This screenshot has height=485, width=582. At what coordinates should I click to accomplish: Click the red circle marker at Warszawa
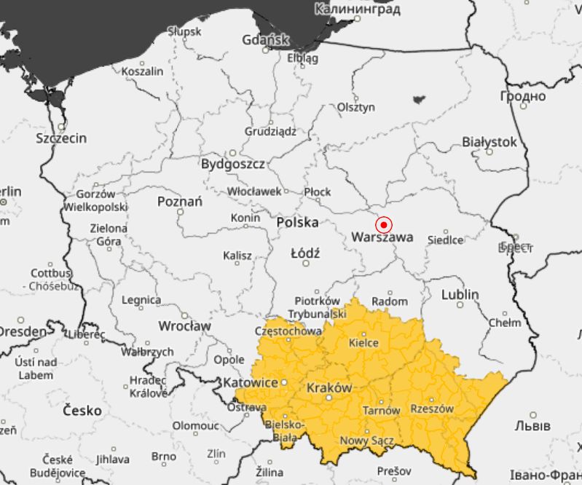[x=383, y=225]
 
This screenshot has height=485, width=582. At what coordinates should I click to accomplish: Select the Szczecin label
[x=61, y=138]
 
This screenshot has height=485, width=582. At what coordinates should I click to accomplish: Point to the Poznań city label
[x=180, y=201]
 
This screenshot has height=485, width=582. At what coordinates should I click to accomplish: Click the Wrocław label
[x=184, y=326]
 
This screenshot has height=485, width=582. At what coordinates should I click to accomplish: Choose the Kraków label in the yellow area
[x=329, y=387]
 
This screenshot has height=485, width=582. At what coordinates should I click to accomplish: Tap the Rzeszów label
[x=432, y=409]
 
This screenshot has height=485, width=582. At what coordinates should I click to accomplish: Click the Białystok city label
[x=489, y=142]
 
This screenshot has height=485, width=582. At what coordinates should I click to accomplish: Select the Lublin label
[x=460, y=294]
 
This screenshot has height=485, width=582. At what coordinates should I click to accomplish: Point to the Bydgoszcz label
[x=232, y=164]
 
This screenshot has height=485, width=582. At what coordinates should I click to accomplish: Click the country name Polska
[x=297, y=222]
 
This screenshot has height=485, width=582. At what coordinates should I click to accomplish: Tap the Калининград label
[x=358, y=9]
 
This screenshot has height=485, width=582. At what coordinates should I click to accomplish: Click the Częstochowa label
[x=292, y=330]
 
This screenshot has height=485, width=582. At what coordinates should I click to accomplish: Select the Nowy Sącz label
[x=367, y=441]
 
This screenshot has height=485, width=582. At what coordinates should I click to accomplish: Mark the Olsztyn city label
[x=356, y=107]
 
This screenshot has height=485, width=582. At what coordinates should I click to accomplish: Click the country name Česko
[x=82, y=411]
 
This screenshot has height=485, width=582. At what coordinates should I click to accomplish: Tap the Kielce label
[x=364, y=342]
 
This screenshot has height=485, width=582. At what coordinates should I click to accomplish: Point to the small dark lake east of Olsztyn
[x=419, y=99]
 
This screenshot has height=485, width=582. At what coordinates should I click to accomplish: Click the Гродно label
[x=522, y=96]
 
